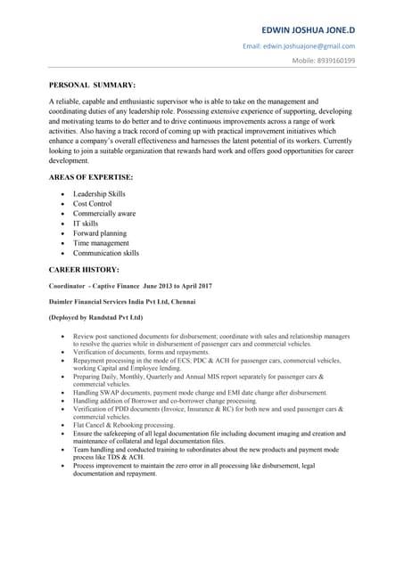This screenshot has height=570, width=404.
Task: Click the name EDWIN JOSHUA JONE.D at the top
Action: pyautogui.click(x=302, y=28)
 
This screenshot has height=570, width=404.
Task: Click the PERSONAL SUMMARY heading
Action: pyautogui.click(x=92, y=85)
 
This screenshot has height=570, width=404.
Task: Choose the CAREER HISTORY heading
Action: pyautogui.click(x=83, y=268)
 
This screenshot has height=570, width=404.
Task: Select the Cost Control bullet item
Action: pyautogui.click(x=92, y=203)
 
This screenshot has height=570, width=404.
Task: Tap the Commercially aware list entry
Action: pyautogui.click(x=104, y=213)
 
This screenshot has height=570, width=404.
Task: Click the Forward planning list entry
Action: pyautogui.click(x=99, y=233)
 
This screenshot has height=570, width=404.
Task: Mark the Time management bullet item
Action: pyautogui.click(x=101, y=243)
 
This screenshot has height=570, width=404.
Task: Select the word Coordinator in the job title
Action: pyautogui.click(x=69, y=285)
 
